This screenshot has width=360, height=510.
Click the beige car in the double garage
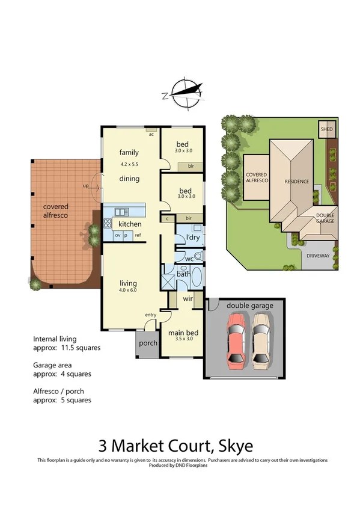[262, 340]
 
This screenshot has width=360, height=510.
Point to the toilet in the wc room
[198, 256]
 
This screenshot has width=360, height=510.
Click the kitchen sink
[122, 212]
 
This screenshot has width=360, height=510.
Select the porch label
[148, 343]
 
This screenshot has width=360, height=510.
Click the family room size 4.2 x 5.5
[129, 164]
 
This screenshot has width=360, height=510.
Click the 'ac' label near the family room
[151, 134]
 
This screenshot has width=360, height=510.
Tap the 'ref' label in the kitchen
[138, 235]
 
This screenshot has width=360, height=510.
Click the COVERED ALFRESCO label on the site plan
[256, 177]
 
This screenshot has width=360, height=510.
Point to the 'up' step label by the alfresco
[86, 186]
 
